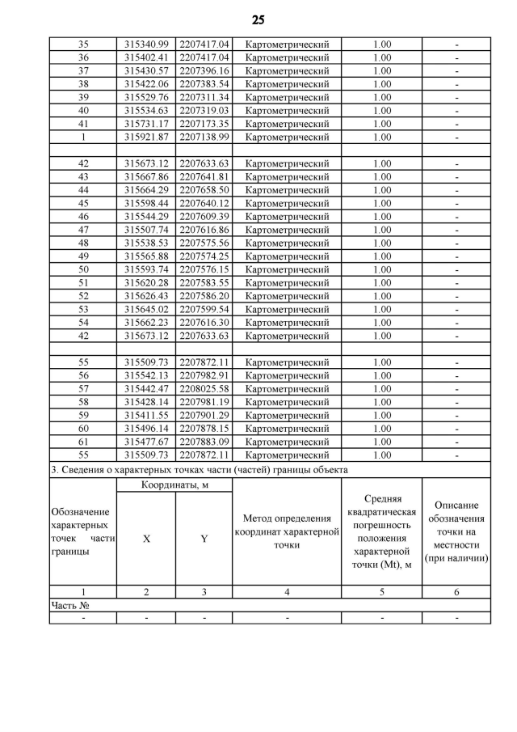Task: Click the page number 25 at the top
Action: (258, 19)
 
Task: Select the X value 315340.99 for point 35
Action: (146, 44)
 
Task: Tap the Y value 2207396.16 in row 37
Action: (204, 71)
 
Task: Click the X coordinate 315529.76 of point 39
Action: (146, 97)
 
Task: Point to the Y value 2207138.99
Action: (204, 137)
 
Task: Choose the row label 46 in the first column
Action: (82, 217)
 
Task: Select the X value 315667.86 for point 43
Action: (146, 177)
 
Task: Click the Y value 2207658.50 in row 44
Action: (204, 190)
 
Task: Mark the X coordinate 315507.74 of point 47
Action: (146, 230)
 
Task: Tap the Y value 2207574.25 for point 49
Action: (204, 256)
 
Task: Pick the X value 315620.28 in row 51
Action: (146, 283)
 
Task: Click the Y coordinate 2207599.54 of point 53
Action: (204, 309)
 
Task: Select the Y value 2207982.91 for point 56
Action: (204, 375)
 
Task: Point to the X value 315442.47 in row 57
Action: (146, 389)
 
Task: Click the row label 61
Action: (82, 442)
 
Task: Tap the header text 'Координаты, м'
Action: (174, 485)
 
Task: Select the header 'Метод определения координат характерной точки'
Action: (287, 531)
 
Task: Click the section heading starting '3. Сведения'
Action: (200, 469)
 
